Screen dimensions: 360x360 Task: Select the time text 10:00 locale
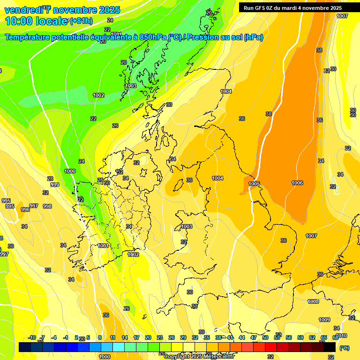(x=37, y=21)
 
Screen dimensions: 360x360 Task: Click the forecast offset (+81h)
(x=81, y=21)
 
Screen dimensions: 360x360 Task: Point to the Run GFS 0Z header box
(x=292, y=8)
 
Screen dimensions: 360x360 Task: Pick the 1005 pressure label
(x=255, y=184)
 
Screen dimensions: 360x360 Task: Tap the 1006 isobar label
(x=297, y=183)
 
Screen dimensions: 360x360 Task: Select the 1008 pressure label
(x=313, y=301)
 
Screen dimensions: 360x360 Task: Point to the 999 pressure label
(x=55, y=185)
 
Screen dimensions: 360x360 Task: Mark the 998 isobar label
(x=47, y=206)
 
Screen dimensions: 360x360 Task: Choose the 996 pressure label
(x=25, y=210)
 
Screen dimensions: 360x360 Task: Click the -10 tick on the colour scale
(x=32, y=337)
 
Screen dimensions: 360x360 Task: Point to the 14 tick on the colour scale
(x=124, y=337)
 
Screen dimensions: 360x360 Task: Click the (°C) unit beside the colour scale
(x=344, y=348)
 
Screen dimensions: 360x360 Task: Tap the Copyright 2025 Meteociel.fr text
(x=199, y=356)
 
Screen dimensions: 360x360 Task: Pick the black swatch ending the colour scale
(x=330, y=347)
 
